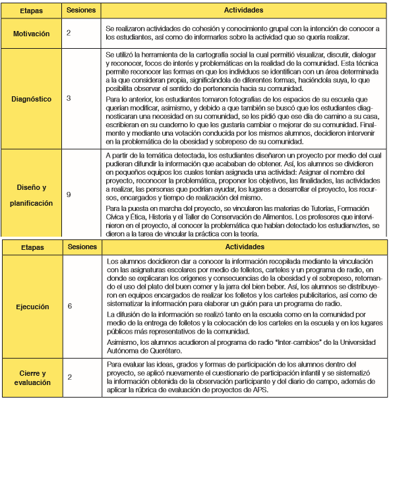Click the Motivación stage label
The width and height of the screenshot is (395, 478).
(32, 33)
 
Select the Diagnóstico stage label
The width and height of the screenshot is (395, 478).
(32, 99)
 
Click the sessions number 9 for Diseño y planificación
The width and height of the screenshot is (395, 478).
(69, 194)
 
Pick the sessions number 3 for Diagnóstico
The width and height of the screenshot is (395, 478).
(69, 98)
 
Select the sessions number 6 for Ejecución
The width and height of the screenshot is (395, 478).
(69, 307)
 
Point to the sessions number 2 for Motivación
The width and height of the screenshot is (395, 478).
(69, 32)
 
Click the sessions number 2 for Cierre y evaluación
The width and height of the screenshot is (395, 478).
(69, 376)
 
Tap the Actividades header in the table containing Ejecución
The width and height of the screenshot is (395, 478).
(244, 247)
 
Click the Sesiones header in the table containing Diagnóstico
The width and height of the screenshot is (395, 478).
(82, 11)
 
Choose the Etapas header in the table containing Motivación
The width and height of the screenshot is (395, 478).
(32, 11)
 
